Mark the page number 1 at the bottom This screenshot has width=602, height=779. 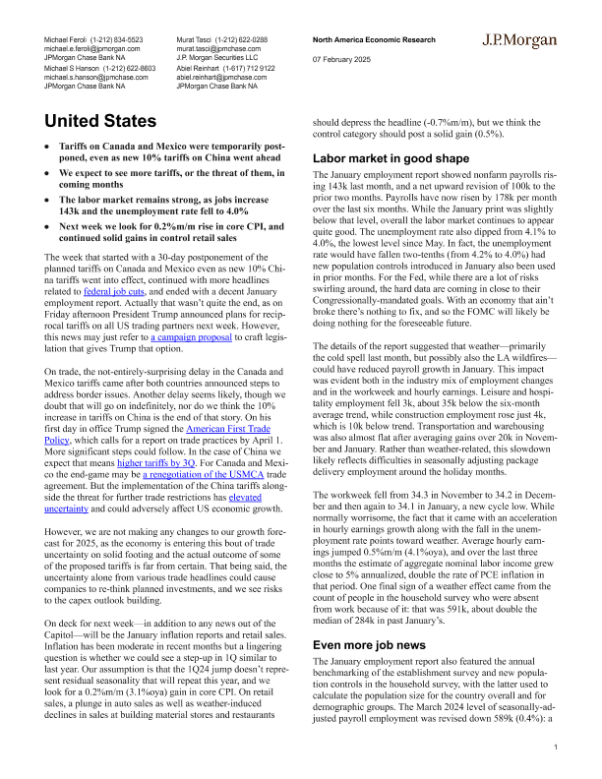[556, 749]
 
